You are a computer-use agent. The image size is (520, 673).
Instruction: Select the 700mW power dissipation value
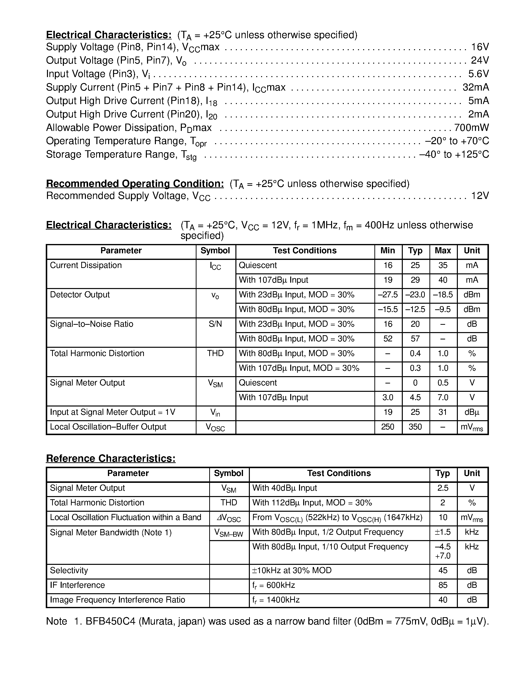click(x=471, y=128)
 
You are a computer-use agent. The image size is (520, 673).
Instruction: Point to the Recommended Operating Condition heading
click(x=135, y=184)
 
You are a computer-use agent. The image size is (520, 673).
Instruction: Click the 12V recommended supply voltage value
click(x=480, y=196)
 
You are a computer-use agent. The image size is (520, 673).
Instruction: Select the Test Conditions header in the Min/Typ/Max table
click(x=305, y=251)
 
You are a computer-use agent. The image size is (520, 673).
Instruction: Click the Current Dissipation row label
click(x=86, y=265)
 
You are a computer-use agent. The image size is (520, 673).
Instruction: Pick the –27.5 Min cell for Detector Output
click(x=388, y=295)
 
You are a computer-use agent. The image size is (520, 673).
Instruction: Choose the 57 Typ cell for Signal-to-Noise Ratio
click(x=415, y=339)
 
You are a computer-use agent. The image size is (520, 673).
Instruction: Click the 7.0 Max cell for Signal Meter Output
click(x=443, y=397)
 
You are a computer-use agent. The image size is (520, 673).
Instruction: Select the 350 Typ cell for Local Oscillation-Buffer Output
click(x=415, y=427)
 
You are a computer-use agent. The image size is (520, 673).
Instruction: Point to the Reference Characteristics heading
click(x=111, y=459)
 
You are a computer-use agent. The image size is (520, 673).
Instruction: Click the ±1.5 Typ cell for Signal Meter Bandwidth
click(x=443, y=532)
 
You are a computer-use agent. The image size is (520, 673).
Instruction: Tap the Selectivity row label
click(x=69, y=570)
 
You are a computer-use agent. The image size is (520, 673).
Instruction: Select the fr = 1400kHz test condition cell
click(x=276, y=600)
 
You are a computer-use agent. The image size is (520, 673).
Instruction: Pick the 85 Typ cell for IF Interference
click(x=443, y=585)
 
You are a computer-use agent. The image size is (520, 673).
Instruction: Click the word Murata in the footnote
click(x=157, y=621)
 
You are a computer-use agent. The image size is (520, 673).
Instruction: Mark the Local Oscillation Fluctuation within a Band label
click(x=125, y=517)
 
